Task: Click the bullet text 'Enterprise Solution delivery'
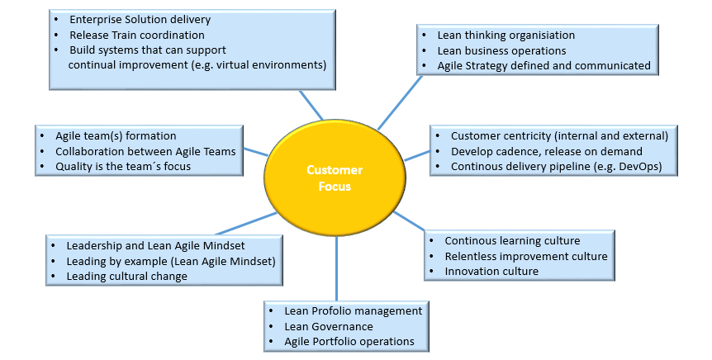pyautogui.click(x=140, y=19)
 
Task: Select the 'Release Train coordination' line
pyautogui.click(x=136, y=35)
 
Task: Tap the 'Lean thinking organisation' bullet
pyautogui.click(x=506, y=36)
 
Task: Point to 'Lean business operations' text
pyautogui.click(x=501, y=50)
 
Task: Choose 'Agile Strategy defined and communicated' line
pyautogui.click(x=544, y=65)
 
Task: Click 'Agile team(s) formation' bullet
pyautogui.click(x=116, y=135)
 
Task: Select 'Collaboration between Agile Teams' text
pyautogui.click(x=145, y=151)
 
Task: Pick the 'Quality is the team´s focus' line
pyautogui.click(x=123, y=166)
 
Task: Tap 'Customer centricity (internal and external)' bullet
pyautogui.click(x=559, y=135)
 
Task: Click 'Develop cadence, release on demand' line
pyautogui.click(x=546, y=151)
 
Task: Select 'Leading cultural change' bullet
pyautogui.click(x=127, y=277)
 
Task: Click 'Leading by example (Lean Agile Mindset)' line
pyautogui.click(x=171, y=261)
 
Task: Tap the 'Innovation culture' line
pyautogui.click(x=491, y=272)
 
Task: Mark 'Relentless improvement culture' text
pyautogui.click(x=526, y=256)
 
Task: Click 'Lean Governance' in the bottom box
pyautogui.click(x=329, y=326)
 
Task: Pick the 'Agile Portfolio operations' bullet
pyautogui.click(x=349, y=341)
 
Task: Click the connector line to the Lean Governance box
pyautogui.click(x=337, y=272)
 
